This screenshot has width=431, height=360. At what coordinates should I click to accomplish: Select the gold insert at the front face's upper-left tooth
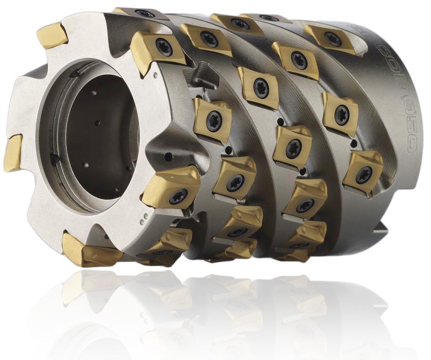coord(52,36)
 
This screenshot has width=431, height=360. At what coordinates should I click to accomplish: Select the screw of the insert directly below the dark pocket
coord(215,118)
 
